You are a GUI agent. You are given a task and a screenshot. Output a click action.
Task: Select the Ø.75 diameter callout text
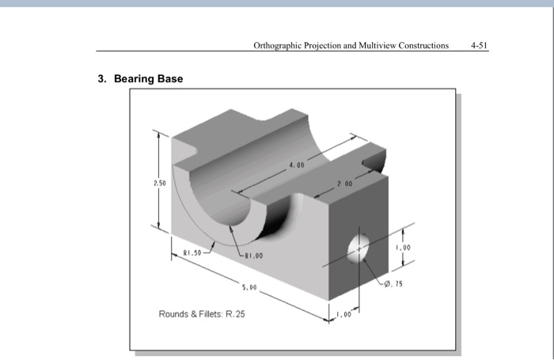(393, 282)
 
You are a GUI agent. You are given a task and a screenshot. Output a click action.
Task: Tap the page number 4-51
(479, 45)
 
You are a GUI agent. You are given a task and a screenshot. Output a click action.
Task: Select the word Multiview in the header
(384, 45)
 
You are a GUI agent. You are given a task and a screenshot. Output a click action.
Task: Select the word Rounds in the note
(175, 314)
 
